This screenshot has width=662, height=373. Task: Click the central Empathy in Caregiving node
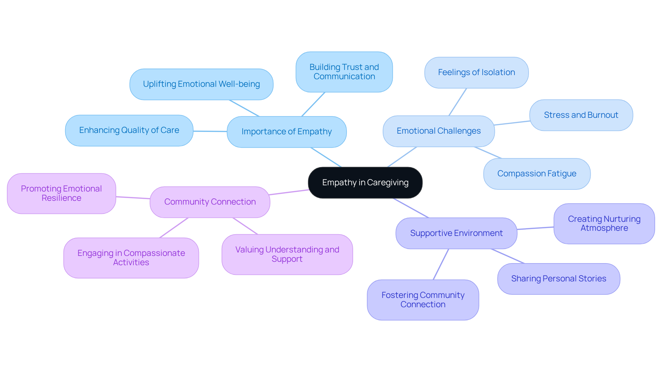point(365,183)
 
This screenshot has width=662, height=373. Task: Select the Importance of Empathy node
point(287,132)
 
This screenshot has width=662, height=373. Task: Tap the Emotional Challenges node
point(439,131)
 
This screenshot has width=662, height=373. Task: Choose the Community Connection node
point(210,202)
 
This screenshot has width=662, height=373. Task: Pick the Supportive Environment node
point(456,233)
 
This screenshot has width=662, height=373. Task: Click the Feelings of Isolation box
point(476,72)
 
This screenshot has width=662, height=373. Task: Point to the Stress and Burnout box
point(581,115)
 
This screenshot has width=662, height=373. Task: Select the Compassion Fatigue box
point(536,174)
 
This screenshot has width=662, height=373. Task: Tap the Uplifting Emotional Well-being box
point(201,84)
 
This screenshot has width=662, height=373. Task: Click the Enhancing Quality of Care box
point(129,130)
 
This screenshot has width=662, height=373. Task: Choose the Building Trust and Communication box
point(344,72)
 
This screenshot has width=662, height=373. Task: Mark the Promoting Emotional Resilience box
point(61,193)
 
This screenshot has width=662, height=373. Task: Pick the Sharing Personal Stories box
point(559,279)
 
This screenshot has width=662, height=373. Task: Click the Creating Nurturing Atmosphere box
point(604,224)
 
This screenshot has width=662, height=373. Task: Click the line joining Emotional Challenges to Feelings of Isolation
point(458,102)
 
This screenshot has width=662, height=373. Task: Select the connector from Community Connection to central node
point(289,192)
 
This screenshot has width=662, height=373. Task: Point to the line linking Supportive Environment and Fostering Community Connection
point(441,264)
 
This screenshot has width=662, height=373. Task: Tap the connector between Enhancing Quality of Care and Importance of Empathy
point(210,131)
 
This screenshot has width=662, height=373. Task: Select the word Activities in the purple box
point(131,262)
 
